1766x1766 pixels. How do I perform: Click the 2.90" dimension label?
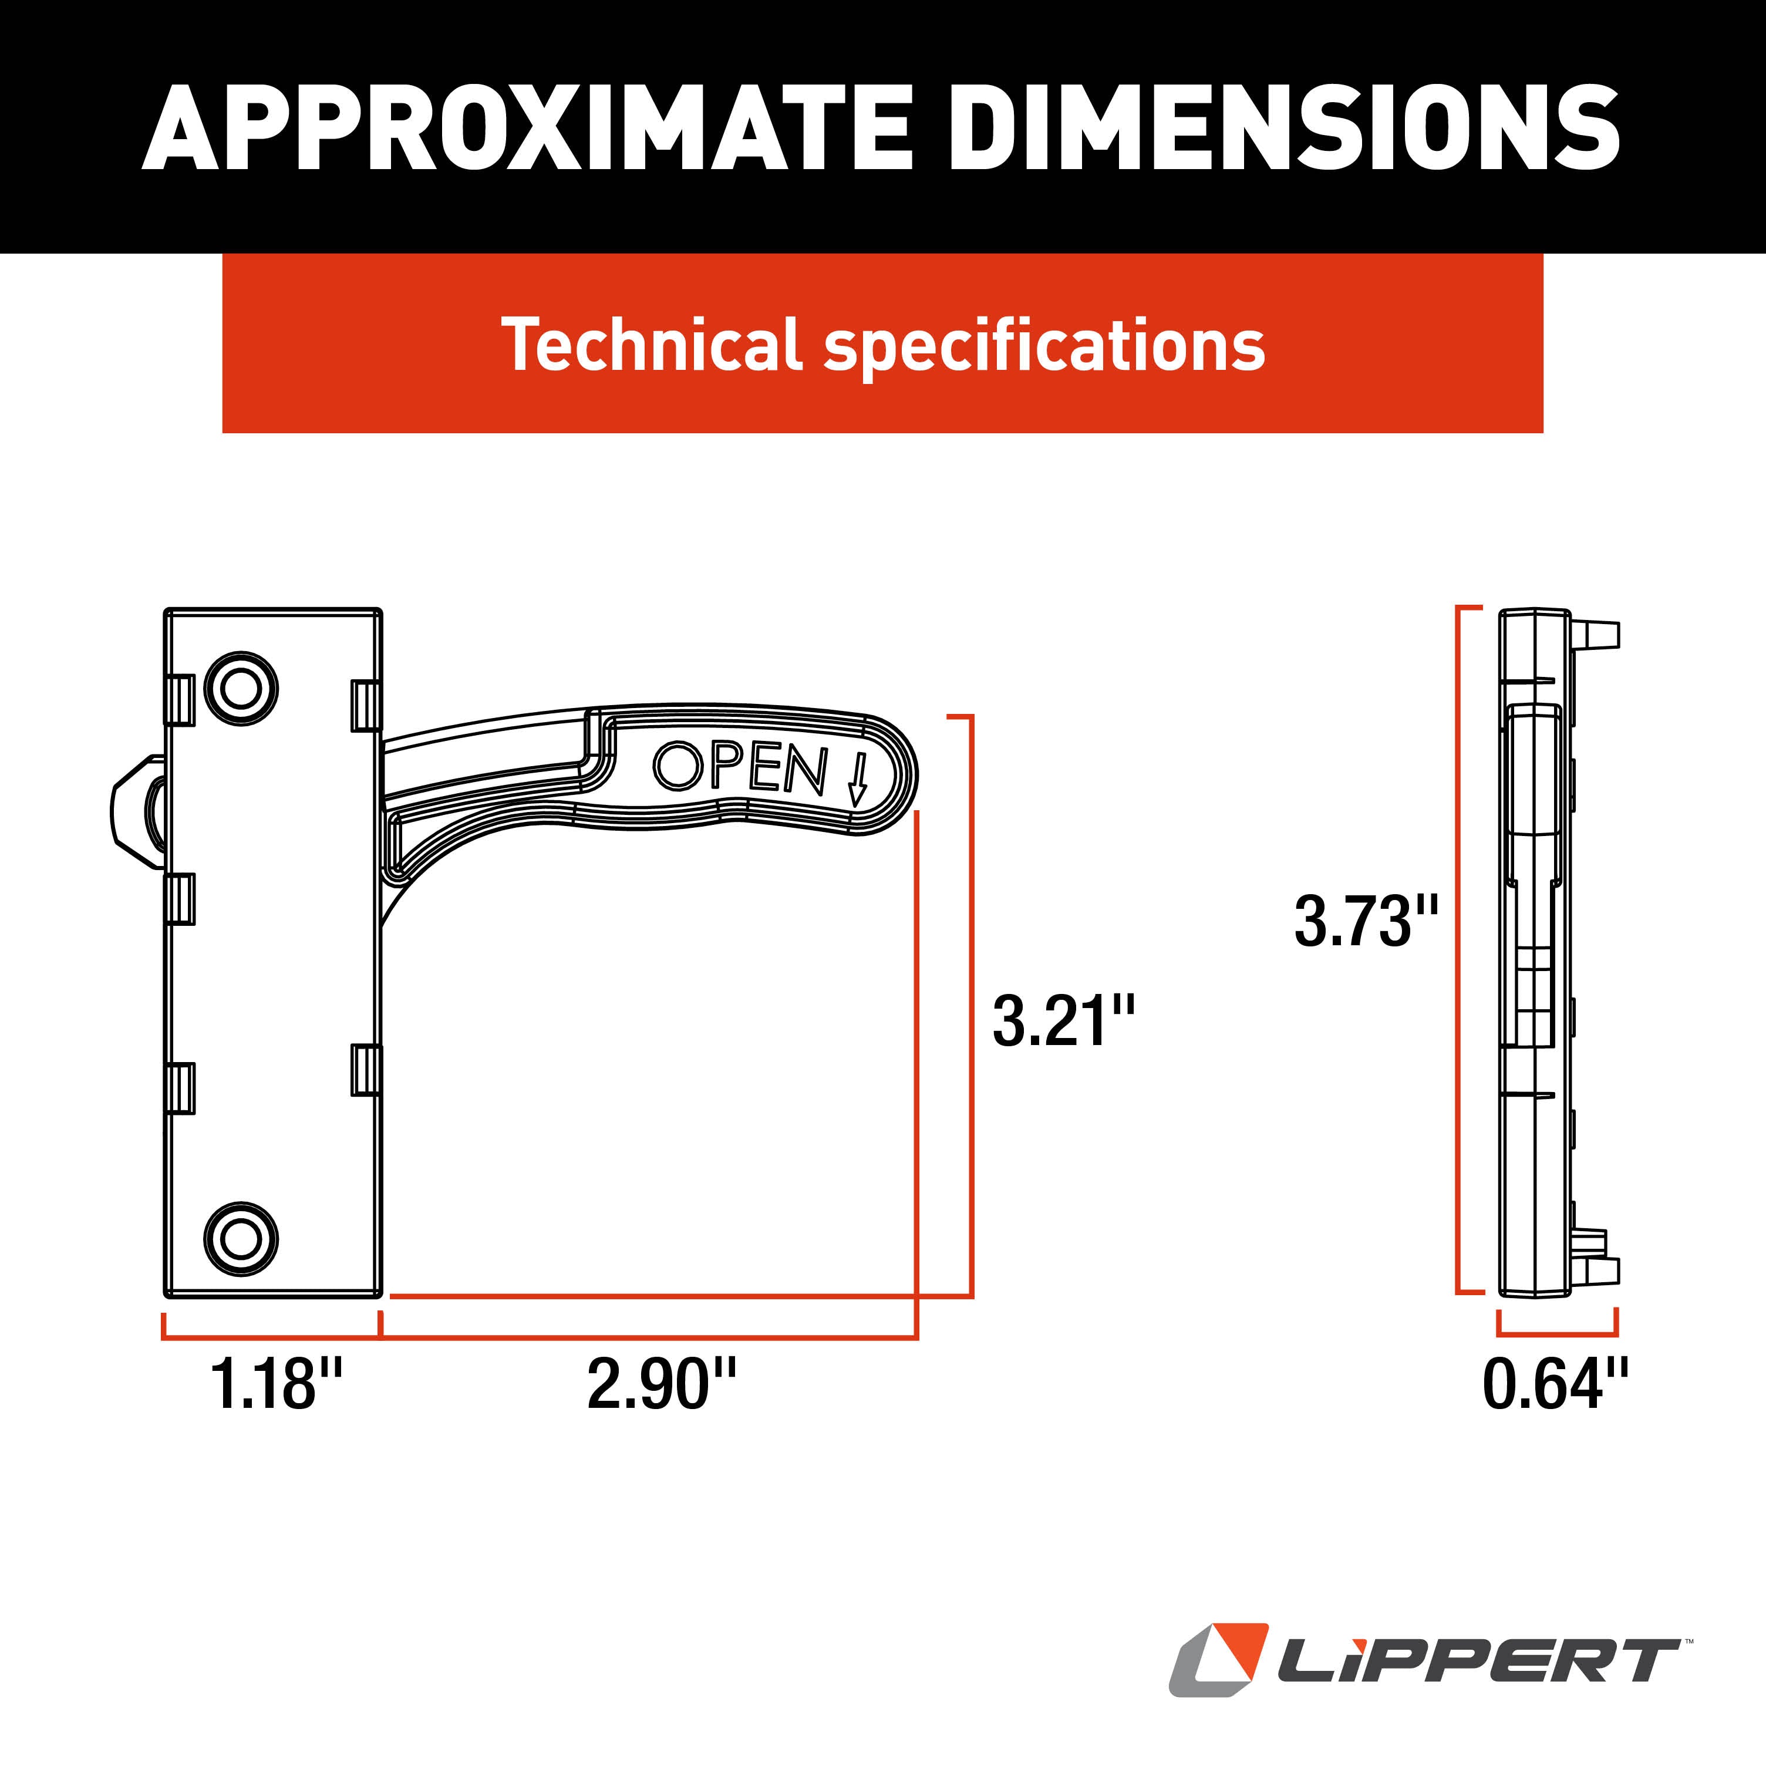coord(661,1383)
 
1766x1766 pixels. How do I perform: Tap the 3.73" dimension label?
coord(1366,921)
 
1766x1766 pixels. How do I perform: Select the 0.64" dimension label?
coord(1555,1384)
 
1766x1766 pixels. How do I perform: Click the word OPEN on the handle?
coord(740,768)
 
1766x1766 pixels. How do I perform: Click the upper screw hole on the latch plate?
coord(240,688)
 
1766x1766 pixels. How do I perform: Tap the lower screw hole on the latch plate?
coord(240,1239)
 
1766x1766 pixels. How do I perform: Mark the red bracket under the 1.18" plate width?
coord(271,1337)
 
